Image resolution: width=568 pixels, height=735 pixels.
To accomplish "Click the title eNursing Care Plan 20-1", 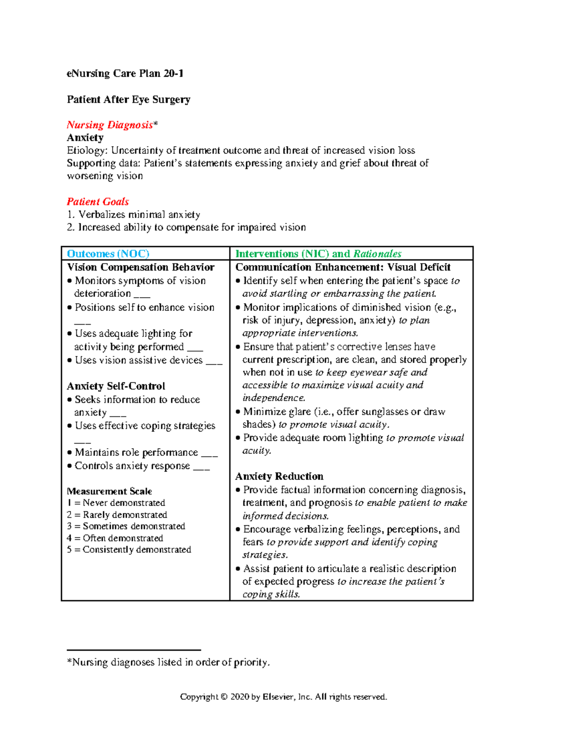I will [125, 73].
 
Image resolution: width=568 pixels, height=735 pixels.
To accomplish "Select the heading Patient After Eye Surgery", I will [128, 99].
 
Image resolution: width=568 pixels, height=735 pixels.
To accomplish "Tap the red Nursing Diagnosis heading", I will [110, 125].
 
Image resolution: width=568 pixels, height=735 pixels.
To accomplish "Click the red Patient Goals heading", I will [98, 202].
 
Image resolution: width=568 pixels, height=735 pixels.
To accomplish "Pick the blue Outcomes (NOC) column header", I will [108, 254].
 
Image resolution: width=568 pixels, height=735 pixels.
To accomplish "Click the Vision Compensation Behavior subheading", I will [141, 267].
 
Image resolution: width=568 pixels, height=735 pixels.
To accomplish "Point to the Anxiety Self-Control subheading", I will [116, 386].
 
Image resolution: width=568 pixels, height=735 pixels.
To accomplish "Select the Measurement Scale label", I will [109, 491].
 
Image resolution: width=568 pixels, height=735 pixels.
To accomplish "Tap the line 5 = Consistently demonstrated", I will [129, 549].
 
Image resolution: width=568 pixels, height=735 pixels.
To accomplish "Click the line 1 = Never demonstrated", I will [116, 503].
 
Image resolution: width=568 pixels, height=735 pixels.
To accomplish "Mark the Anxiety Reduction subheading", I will [279, 476].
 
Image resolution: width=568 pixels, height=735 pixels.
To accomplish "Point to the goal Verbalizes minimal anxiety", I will [139, 214].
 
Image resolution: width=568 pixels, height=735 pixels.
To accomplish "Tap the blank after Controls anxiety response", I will [202, 467].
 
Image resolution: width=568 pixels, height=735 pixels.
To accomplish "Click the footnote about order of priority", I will [169, 662].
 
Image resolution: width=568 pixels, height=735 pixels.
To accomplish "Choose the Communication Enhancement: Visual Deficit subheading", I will [343, 267].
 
